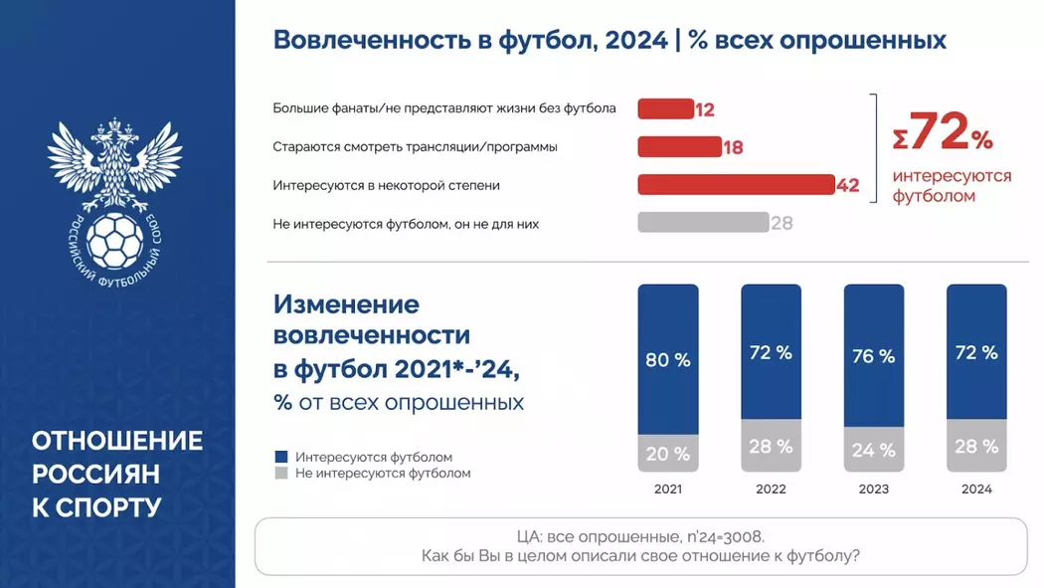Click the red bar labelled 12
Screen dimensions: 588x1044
click(665, 109)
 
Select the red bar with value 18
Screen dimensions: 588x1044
click(679, 147)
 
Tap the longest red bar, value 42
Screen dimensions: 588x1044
click(735, 185)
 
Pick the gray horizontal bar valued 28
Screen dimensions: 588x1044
click(702, 223)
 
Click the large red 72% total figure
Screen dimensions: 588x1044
click(943, 134)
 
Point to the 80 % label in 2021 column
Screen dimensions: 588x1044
click(668, 360)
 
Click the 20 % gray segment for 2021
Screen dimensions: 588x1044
click(668, 454)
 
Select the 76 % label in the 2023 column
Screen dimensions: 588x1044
click(873, 356)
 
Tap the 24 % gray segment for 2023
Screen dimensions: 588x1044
click(873, 450)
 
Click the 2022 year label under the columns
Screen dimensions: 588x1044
click(771, 490)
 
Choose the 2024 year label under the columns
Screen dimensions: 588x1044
click(976, 490)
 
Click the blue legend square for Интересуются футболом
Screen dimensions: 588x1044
click(280, 457)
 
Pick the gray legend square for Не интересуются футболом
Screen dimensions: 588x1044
click(280, 474)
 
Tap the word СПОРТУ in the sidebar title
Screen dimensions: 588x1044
click(108, 507)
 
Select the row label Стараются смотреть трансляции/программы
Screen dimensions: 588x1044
click(415, 147)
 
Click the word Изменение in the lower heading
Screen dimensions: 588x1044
click(346, 303)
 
